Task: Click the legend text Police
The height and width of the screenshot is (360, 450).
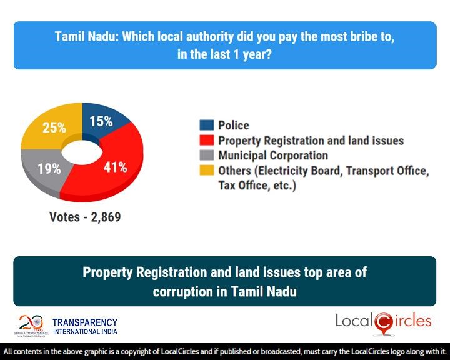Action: click(234, 126)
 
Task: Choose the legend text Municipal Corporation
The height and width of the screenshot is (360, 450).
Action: click(273, 156)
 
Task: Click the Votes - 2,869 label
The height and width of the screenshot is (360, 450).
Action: click(85, 217)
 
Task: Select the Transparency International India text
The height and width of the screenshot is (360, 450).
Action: click(84, 326)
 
